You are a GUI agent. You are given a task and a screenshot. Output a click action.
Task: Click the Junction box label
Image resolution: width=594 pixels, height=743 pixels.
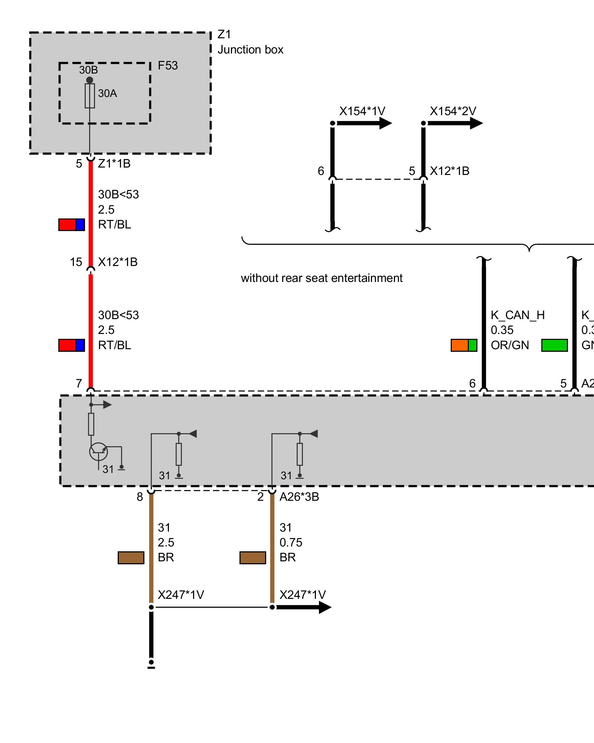pos(250,49)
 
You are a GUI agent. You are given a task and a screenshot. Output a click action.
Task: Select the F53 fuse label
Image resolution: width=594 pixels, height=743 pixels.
pos(168,65)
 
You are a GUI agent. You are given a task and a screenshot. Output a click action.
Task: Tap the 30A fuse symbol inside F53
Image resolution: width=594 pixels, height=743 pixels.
pos(90,96)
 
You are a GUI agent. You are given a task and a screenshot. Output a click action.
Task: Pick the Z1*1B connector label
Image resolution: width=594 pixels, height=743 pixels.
pos(114,163)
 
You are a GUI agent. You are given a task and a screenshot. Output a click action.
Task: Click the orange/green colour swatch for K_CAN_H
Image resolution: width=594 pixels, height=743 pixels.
pos(464,345)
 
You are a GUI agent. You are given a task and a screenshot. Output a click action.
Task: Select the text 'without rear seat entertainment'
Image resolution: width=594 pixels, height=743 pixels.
pos(322,278)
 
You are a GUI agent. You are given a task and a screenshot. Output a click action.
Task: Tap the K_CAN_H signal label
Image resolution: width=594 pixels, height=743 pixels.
pos(518,315)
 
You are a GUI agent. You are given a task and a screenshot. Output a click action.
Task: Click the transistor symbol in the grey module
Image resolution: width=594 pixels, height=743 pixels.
pos(98,452)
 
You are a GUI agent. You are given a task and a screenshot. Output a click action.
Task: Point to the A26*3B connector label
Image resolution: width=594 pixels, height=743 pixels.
pos(299,497)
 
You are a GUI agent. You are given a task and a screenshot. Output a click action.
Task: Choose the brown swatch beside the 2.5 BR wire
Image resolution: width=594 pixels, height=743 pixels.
pos(131,558)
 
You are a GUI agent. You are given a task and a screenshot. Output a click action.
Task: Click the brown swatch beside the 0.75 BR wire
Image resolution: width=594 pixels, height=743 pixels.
pos(252,558)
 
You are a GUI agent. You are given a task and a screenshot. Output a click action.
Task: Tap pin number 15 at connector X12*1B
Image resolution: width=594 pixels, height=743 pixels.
pos(76,262)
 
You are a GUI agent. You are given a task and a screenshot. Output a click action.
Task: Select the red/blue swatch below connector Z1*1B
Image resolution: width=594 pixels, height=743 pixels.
pos(72,225)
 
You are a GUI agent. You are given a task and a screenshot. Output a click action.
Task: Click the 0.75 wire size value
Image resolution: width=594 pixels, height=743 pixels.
pos(291,542)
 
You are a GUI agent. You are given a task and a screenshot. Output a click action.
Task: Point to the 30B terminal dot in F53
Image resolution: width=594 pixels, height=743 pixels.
pos(89,80)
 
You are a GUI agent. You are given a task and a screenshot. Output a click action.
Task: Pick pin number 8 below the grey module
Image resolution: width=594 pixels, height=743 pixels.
pos(140,497)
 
